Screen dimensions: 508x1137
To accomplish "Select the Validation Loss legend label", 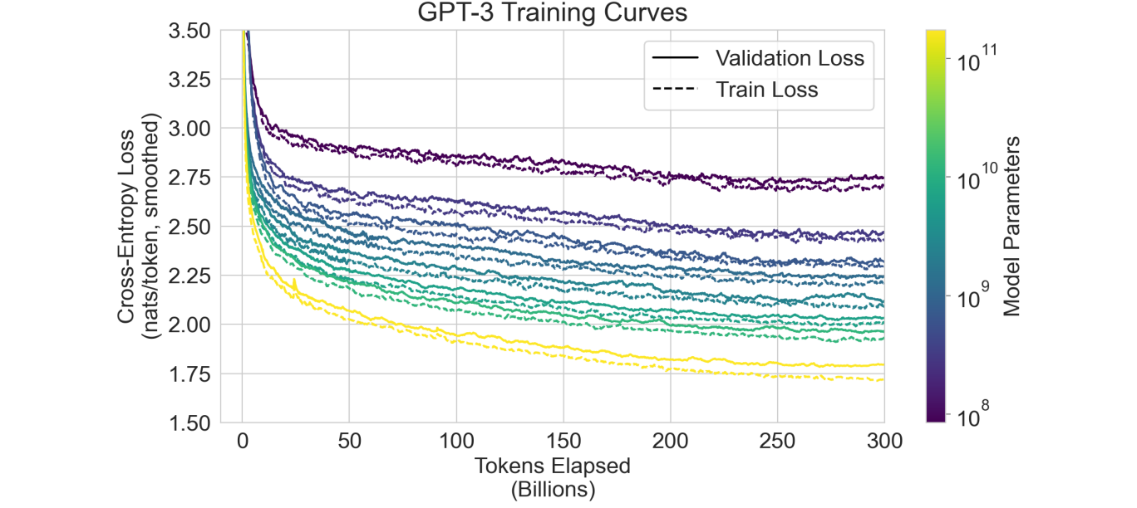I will click(790, 58).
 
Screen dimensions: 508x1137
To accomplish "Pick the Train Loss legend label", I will click(766, 90).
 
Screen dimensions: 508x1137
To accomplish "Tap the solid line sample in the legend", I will click(675, 59).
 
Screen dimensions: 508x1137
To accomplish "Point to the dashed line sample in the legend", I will click(675, 90).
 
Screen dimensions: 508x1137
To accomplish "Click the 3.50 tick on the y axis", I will click(190, 31).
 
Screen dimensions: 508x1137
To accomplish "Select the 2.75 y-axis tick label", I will click(190, 178).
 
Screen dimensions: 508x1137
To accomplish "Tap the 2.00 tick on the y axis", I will click(190, 325).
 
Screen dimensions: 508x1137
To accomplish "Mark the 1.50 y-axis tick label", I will click(190, 423).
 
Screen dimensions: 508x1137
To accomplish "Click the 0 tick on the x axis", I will click(242, 440).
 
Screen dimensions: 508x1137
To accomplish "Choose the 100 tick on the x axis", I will click(455, 440).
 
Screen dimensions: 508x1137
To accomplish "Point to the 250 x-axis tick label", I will click(777, 440).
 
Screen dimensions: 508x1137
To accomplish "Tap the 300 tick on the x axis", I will click(884, 440).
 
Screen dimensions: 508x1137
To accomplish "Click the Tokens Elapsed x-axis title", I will click(552, 466).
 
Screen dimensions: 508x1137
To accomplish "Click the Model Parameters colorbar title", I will click(1011, 226).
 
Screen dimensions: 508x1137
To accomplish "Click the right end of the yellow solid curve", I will click(883, 364).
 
